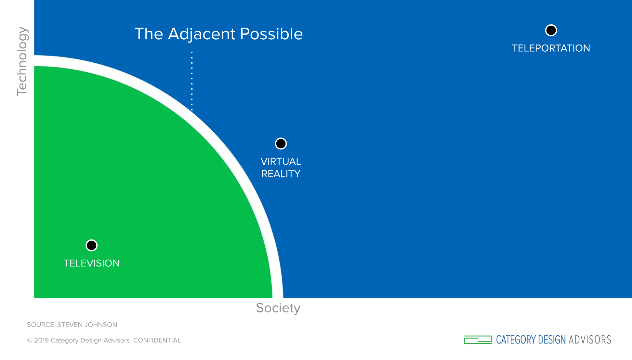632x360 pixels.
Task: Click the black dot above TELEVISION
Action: [x=92, y=245]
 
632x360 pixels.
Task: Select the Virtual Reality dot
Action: [x=281, y=144]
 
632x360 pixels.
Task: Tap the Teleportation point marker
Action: [x=551, y=31]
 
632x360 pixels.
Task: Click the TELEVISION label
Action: [x=92, y=263]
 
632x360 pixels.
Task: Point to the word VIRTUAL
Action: [x=281, y=161]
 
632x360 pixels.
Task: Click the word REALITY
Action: [x=281, y=174]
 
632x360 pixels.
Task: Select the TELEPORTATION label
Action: [x=551, y=48]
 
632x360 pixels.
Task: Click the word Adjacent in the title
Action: [x=202, y=34]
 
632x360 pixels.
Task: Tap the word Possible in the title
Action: [x=271, y=34]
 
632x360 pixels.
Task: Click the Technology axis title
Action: [x=22, y=61]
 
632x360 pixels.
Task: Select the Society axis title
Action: [x=278, y=308]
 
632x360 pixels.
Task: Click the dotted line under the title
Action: [x=192, y=81]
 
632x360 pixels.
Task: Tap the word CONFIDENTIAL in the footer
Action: [x=157, y=341]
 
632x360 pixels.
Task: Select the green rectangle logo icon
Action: [x=478, y=340]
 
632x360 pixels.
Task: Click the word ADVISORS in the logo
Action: [x=590, y=340]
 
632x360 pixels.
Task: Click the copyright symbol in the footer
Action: [x=30, y=341]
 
